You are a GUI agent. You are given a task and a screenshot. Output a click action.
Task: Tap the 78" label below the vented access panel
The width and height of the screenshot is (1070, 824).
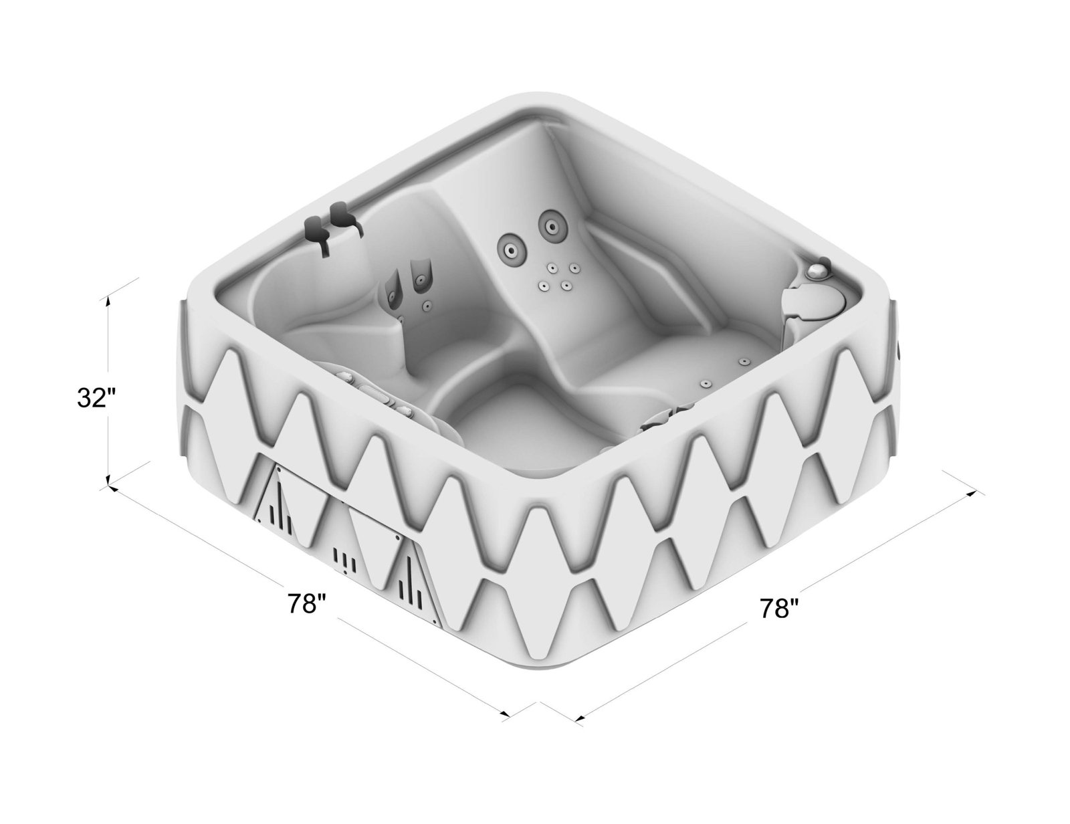pos(307,604)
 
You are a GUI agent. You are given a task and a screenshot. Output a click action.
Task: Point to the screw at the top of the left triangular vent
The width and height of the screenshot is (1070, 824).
pos(276,468)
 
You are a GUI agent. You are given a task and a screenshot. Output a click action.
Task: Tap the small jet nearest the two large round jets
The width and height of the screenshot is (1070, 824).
pos(553,268)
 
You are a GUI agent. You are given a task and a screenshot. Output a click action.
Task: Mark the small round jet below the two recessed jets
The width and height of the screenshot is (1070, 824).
pos(426,306)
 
